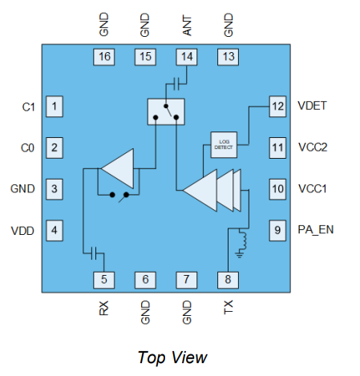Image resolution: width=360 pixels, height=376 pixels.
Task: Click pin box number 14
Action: point(186,57)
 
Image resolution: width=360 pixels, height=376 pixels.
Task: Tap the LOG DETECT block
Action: point(223,143)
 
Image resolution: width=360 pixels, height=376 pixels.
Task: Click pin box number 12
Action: point(277,106)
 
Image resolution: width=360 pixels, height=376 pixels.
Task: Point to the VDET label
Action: point(313,106)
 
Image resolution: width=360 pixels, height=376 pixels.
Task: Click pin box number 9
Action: point(277,231)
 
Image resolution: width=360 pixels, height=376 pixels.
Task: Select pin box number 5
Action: point(103,279)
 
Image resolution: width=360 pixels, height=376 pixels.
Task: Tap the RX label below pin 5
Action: point(104,308)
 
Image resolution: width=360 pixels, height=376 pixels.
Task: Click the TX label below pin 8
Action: point(229,307)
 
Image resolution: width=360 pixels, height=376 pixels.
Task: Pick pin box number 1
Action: point(55,106)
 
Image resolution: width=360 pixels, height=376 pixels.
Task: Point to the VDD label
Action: point(22,231)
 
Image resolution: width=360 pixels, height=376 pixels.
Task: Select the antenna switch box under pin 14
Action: point(166,111)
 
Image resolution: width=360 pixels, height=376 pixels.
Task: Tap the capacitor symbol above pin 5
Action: point(95,253)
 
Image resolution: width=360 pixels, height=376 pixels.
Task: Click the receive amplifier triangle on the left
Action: point(119,168)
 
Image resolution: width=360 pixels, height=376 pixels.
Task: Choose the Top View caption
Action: point(172,357)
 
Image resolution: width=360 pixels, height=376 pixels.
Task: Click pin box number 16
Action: point(103,57)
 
